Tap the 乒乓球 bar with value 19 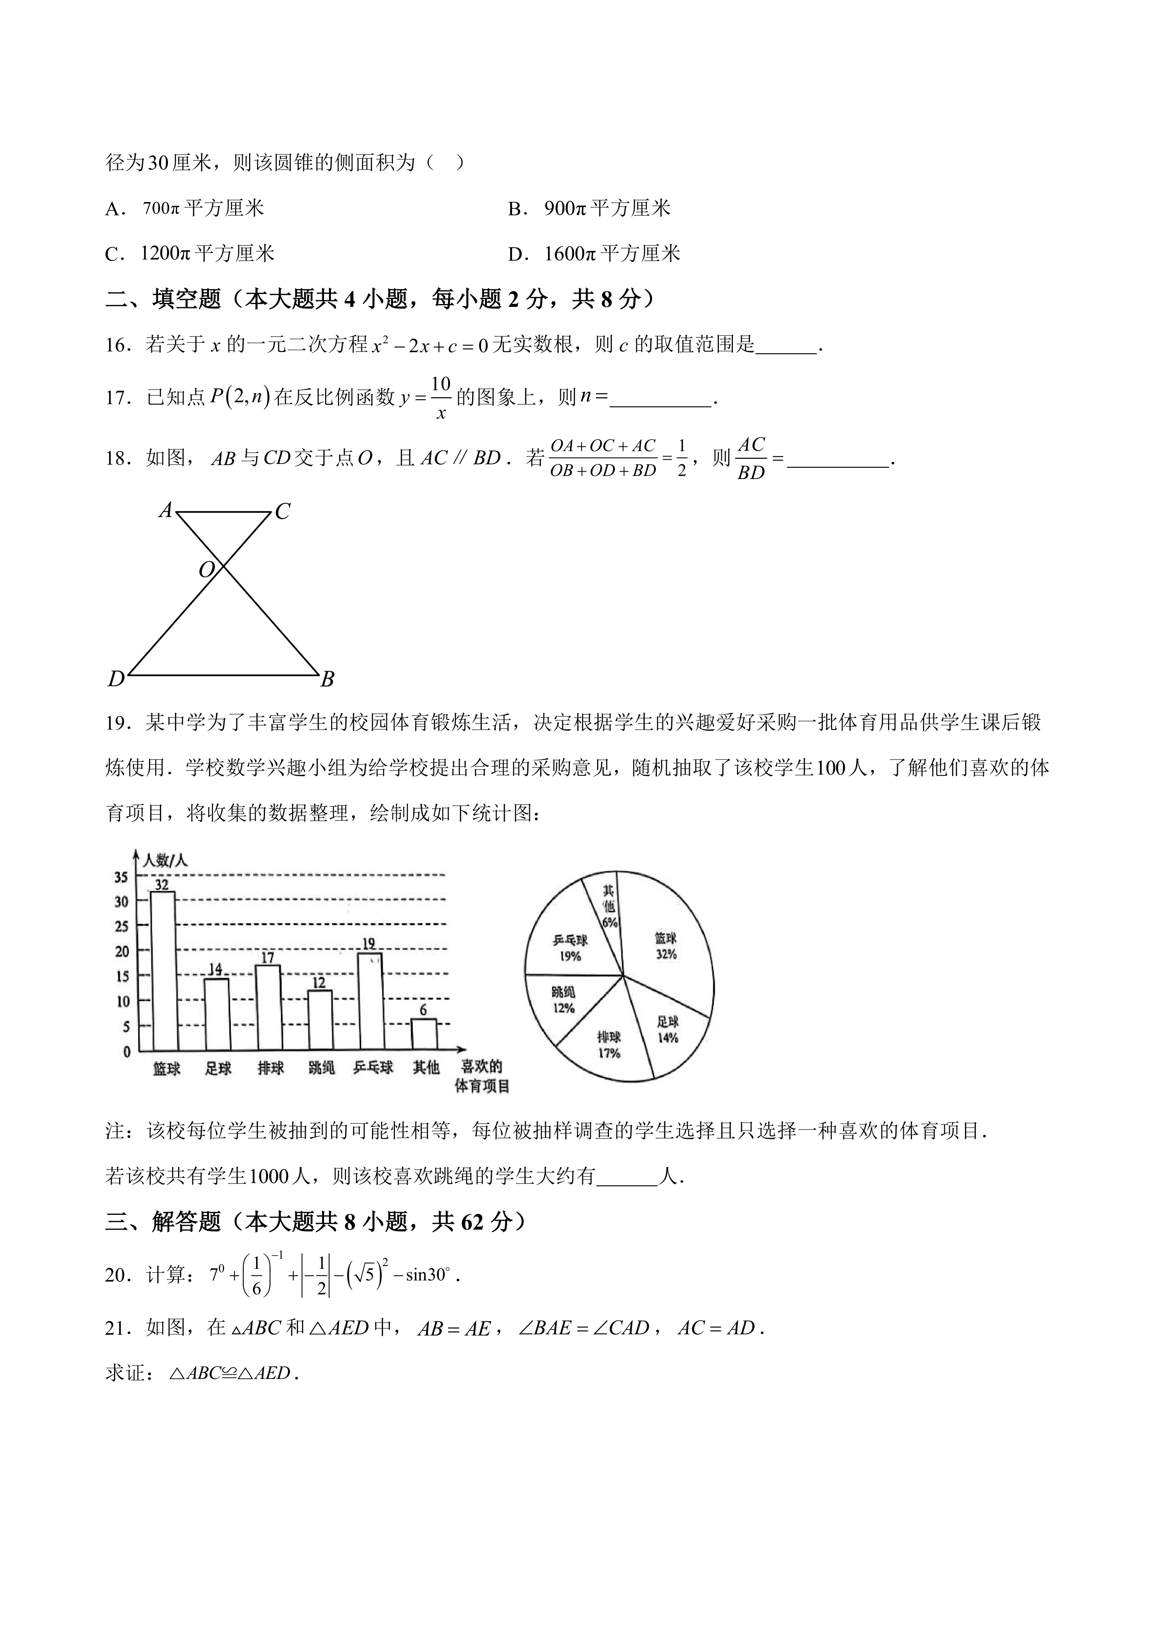371,1002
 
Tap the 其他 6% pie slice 606,907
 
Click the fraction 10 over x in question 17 441,398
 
